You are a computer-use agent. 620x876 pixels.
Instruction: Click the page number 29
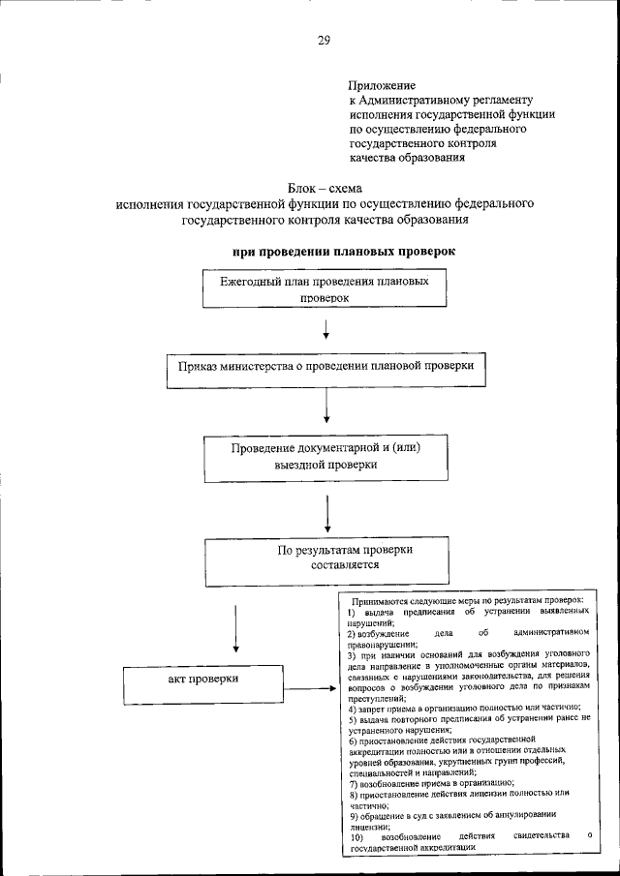pyautogui.click(x=324, y=39)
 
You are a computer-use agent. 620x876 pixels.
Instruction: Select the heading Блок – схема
pyautogui.click(x=325, y=188)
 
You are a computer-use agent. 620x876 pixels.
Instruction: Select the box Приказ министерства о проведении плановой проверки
pyautogui.click(x=325, y=369)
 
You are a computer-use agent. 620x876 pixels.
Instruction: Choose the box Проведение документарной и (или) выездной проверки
pyautogui.click(x=325, y=457)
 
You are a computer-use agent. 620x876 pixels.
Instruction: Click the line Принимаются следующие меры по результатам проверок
pyautogui.click(x=467, y=602)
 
